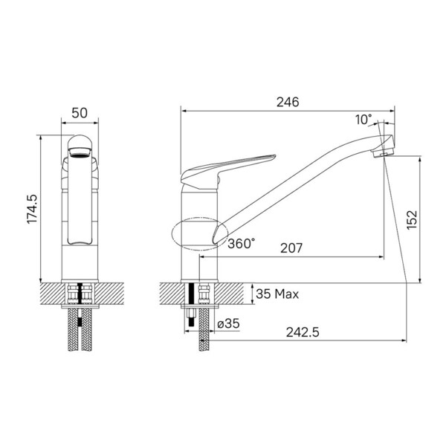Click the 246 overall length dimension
(288, 102)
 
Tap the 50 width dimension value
(80, 113)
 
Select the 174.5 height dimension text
(32, 209)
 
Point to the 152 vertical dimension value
(412, 220)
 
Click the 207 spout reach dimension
(291, 248)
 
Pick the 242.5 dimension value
(303, 332)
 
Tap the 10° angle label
(363, 120)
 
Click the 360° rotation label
(242, 244)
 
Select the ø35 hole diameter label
(228, 323)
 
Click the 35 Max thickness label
(277, 294)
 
